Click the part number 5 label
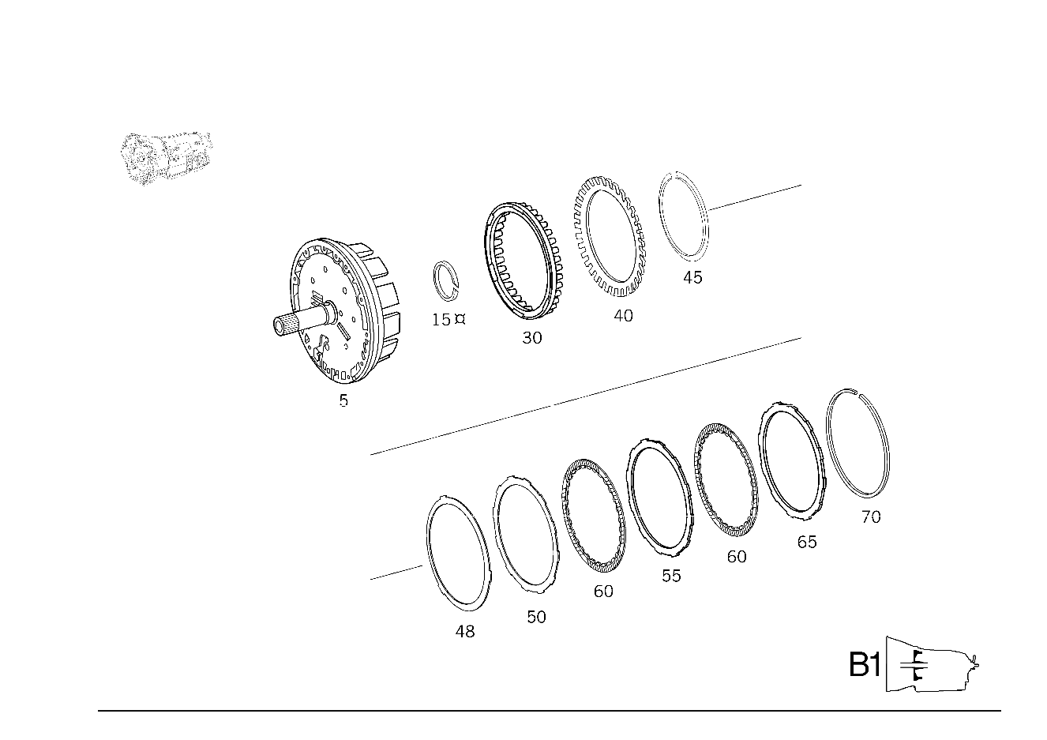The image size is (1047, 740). click(x=343, y=400)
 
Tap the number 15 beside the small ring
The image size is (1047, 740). click(x=441, y=320)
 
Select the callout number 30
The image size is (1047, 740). click(x=532, y=337)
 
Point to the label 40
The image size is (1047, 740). click(x=624, y=316)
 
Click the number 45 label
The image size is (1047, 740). click(x=692, y=277)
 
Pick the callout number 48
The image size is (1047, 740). click(x=465, y=632)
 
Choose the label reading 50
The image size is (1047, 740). click(x=537, y=617)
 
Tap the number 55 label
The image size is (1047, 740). click(x=671, y=576)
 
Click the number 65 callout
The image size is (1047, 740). click(x=807, y=542)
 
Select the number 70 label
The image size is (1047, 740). click(x=871, y=516)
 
